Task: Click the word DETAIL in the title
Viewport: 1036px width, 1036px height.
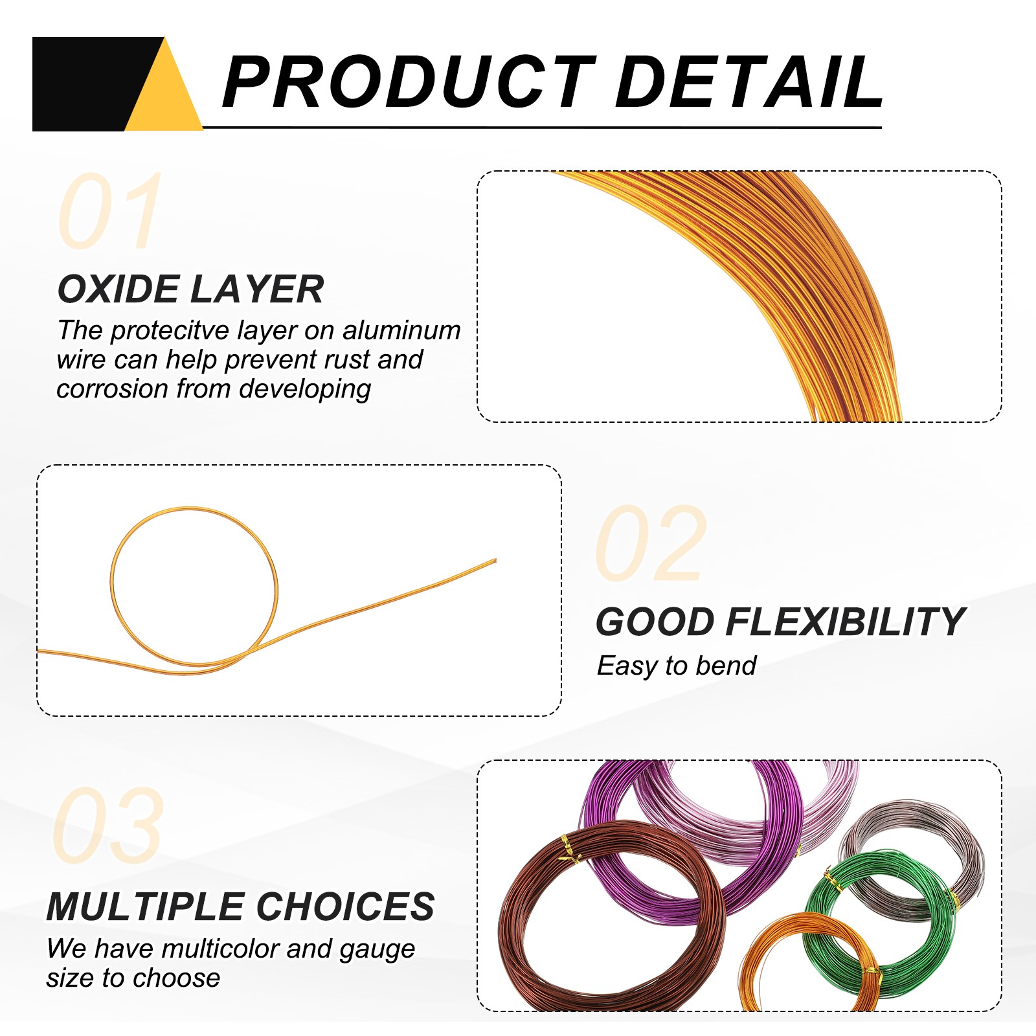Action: [750, 82]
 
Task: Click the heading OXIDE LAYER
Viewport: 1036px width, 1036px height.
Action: [190, 289]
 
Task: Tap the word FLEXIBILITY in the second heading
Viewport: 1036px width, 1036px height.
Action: [846, 622]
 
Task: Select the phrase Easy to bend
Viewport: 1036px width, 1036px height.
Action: [677, 666]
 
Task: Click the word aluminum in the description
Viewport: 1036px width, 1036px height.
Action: [401, 330]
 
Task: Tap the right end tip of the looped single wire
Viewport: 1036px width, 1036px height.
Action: [495, 561]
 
